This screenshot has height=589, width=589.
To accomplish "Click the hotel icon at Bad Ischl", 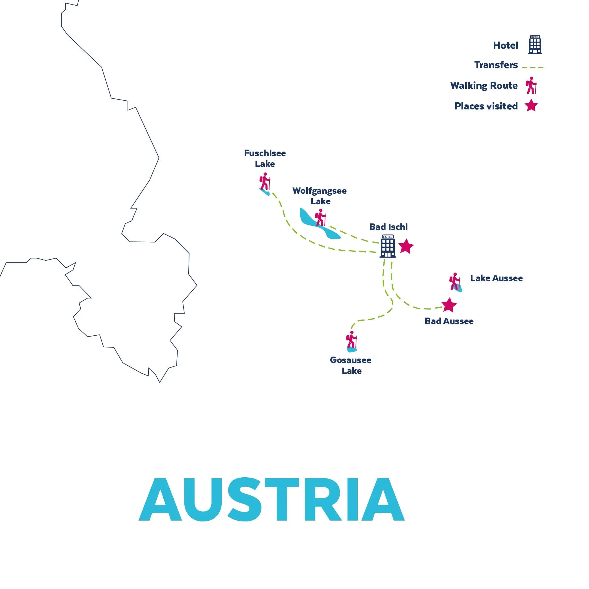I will pos(387,246).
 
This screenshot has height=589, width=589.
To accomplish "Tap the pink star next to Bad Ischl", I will pos(406,246).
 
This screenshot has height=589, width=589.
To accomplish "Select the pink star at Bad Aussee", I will pos(449,305).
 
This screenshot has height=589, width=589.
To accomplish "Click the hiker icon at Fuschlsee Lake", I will pos(265,182).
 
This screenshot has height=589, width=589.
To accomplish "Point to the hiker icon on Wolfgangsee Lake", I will pos(320,218).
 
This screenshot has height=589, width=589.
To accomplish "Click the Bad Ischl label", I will pos(389,227).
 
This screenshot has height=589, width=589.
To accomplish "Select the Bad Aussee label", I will pos(449,321).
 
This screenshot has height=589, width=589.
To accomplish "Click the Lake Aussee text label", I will pos(496,278).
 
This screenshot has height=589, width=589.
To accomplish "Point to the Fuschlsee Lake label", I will pos(265,159).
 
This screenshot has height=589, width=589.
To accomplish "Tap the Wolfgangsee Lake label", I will pos(320,196).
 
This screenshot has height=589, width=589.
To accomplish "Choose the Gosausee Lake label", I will pos(351,365).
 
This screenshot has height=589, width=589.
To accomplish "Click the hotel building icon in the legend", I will pos(535,45).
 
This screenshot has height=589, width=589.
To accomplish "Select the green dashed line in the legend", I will pos(533,67).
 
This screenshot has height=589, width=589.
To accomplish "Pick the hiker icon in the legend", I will pos(531,85).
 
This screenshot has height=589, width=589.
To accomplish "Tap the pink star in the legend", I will pos(531,105).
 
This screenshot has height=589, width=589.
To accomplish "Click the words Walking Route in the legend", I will pos(484,85).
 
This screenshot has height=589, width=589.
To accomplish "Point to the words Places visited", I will pos(486,106).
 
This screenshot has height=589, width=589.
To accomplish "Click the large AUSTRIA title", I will pos(271,500).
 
